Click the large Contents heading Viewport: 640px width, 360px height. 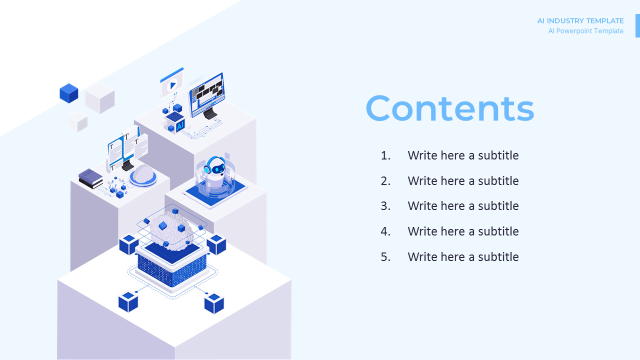click(x=450, y=108)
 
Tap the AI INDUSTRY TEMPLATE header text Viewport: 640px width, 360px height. click(x=580, y=21)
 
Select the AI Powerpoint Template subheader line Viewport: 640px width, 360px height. click(x=585, y=31)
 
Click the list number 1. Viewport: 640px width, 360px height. click(x=385, y=155)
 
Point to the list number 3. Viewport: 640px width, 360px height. click(x=385, y=206)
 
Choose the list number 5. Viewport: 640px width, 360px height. click(x=385, y=257)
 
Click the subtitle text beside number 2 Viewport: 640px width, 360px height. click(x=463, y=181)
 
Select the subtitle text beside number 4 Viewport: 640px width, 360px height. click(x=463, y=231)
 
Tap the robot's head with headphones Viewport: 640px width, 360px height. click(x=215, y=166)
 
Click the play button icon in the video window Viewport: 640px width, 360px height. click(x=172, y=85)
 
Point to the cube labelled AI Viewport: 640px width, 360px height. click(x=175, y=122)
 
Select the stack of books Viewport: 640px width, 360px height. click(x=90, y=178)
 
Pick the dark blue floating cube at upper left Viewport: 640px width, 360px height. click(x=69, y=93)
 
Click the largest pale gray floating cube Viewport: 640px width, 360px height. click(x=100, y=97)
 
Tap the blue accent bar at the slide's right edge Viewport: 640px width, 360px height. click(x=637, y=25)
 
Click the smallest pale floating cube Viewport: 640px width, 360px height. click(x=77, y=121)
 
